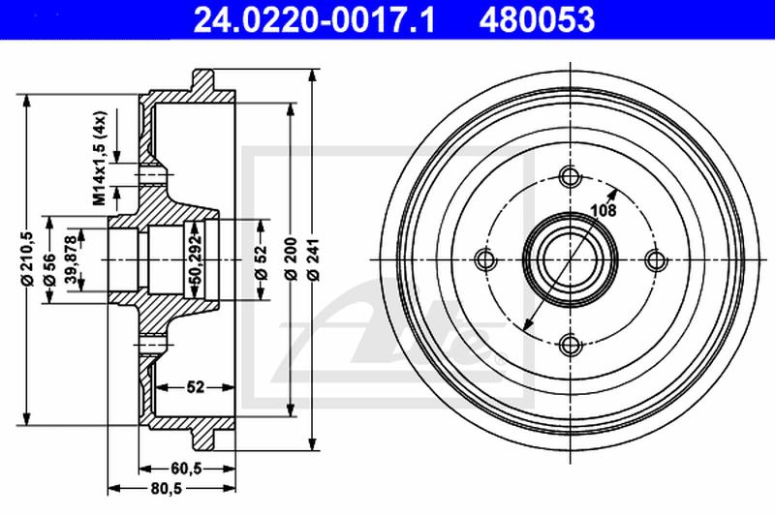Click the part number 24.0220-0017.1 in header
314,19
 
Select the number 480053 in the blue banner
537,19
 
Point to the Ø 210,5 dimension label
27,258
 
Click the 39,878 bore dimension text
72,260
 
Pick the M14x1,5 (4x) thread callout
100,159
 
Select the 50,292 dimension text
197,259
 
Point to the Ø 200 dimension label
292,259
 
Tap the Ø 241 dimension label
313,259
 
